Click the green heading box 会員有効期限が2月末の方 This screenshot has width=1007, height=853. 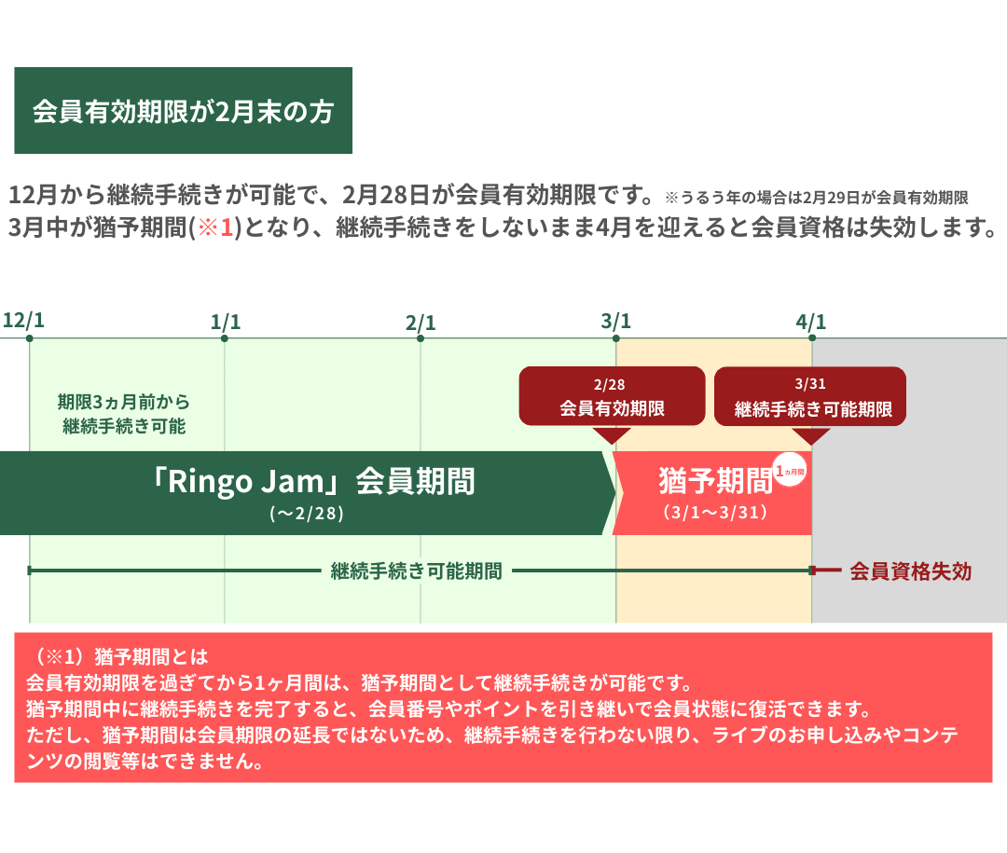183,111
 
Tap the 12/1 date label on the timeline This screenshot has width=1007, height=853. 23,320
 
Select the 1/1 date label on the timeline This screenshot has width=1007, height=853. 226,322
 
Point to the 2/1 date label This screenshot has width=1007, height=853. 421,323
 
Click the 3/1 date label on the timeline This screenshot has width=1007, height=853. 616,322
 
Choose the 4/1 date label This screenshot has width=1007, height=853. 811,322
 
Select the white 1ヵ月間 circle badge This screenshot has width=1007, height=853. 790,470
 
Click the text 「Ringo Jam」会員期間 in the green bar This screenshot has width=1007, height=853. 313,481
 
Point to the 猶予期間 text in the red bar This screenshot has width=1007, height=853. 715,480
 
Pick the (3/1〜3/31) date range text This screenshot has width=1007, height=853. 715,513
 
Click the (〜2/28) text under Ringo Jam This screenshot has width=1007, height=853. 307,514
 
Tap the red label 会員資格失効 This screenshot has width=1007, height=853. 911,571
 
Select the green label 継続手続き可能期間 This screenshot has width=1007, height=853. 416,571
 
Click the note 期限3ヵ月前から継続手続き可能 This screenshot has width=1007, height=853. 124,414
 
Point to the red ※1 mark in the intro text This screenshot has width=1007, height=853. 215,227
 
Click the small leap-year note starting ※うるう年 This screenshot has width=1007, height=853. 816,198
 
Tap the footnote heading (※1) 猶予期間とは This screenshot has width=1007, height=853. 119,656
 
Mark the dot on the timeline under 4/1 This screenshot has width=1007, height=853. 812,337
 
